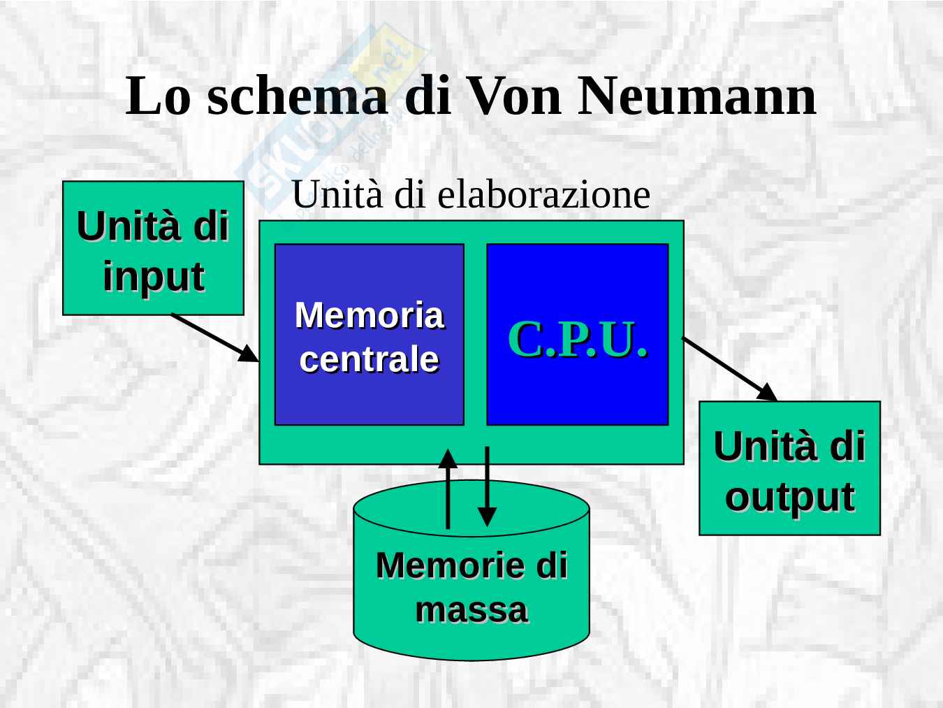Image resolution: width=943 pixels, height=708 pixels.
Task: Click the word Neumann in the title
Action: (696, 96)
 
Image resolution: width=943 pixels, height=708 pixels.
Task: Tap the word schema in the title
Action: (297, 96)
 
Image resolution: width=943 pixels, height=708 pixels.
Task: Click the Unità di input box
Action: (153, 248)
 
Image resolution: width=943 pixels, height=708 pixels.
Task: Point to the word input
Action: (154, 276)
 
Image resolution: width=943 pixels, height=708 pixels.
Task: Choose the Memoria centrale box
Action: (369, 334)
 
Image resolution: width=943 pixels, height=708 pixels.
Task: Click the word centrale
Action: (369, 359)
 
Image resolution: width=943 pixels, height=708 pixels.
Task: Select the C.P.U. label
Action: (577, 340)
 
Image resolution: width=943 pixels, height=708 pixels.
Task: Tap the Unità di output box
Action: (789, 468)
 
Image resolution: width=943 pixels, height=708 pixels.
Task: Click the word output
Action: (789, 497)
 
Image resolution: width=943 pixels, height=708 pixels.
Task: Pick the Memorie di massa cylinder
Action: (471, 587)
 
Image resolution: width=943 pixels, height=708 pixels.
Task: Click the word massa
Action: (471, 609)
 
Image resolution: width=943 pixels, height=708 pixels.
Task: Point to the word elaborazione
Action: (543, 194)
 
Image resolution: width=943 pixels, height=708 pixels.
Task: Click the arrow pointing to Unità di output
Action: (729, 369)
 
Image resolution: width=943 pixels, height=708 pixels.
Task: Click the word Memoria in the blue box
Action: (369, 315)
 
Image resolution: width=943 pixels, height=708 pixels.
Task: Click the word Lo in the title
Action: (158, 96)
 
